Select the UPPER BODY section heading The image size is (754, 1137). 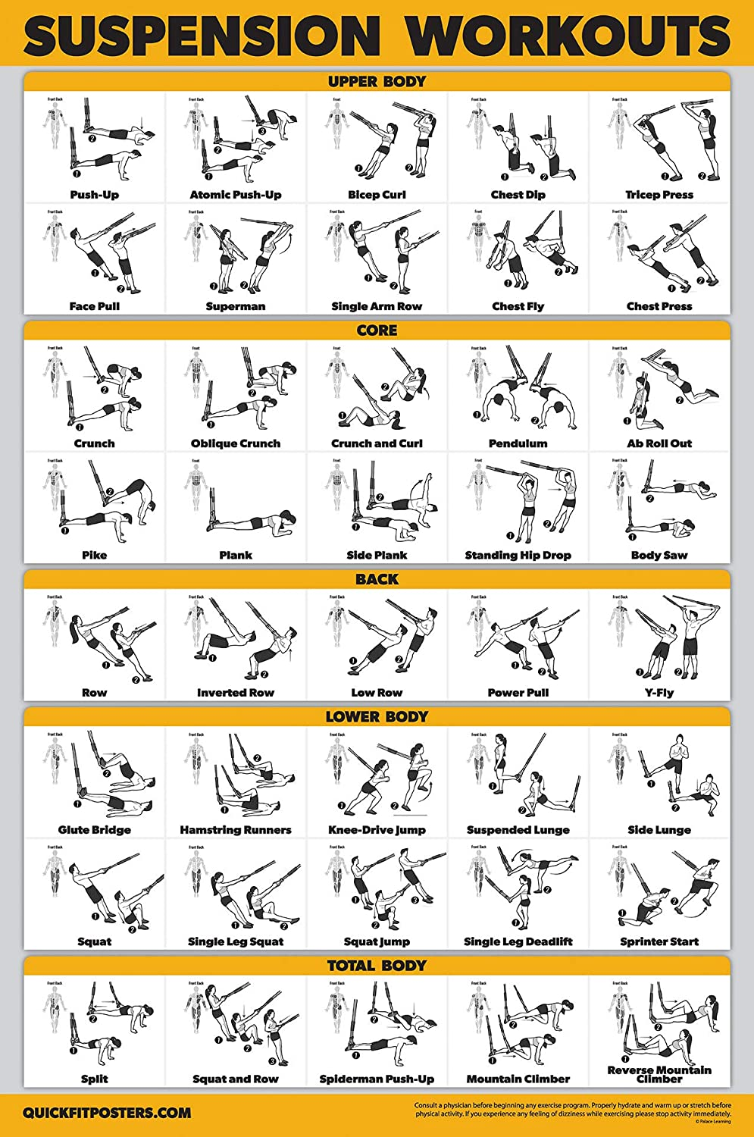click(377, 81)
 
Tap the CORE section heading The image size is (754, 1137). click(377, 330)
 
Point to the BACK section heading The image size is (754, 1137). click(377, 579)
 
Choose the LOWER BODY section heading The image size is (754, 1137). click(377, 716)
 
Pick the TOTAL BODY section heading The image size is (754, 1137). click(377, 966)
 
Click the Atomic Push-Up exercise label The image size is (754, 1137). click(236, 195)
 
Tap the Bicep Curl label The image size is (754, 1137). click(377, 195)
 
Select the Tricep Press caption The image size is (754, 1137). click(659, 195)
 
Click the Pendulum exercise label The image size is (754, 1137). click(518, 443)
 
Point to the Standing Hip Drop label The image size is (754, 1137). click(518, 555)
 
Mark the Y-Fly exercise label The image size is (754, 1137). click(659, 693)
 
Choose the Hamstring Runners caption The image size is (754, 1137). click(236, 830)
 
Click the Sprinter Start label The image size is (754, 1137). click(659, 941)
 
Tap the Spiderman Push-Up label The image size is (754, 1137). click(377, 1079)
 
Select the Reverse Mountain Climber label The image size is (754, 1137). click(659, 1074)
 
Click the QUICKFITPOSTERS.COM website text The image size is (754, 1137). click(107, 1114)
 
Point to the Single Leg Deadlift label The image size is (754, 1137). click(518, 941)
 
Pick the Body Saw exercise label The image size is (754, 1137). click(659, 555)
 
